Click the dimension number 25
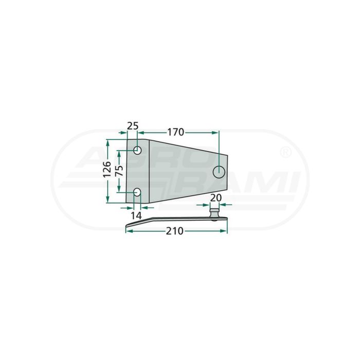(x=133, y=126)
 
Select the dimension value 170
(x=176, y=132)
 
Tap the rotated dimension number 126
(x=107, y=170)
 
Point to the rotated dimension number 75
(x=119, y=171)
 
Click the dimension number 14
(x=136, y=215)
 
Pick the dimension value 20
(x=215, y=197)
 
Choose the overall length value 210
(x=175, y=231)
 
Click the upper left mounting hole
(x=137, y=151)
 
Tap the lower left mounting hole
(x=137, y=192)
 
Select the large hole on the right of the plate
(x=219, y=172)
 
